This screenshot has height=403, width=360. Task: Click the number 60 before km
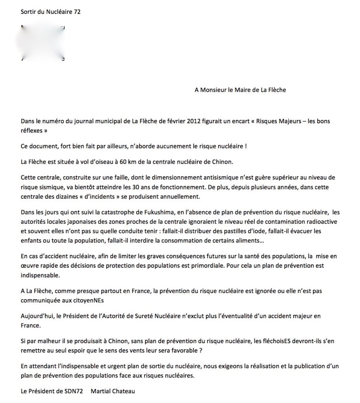[x=121, y=162]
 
